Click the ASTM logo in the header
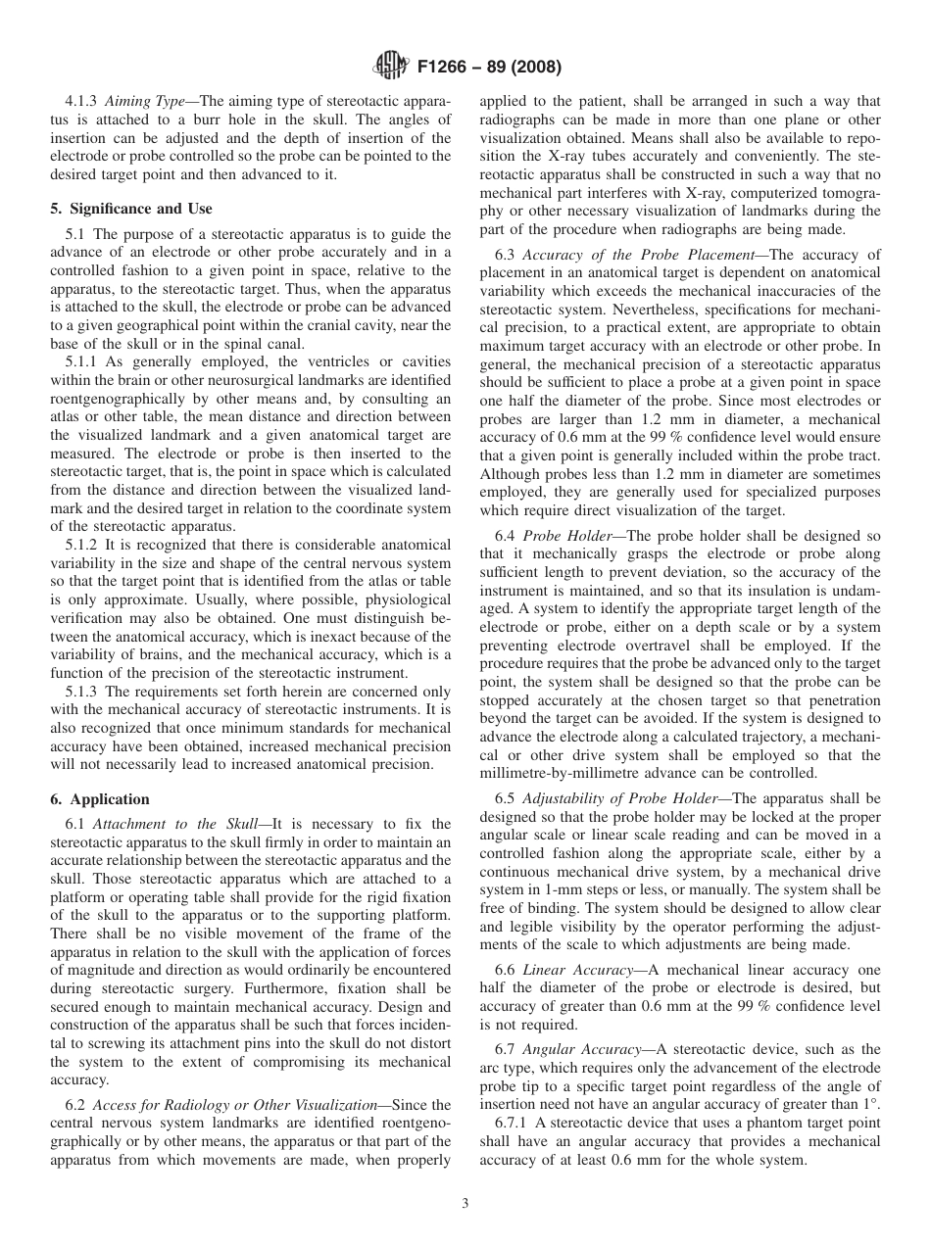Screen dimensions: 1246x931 [x=391, y=68]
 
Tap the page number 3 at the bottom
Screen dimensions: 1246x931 [x=465, y=1204]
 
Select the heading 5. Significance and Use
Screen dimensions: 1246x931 [x=130, y=209]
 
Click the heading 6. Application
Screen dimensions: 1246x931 [x=99, y=799]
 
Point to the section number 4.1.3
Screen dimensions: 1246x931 [x=81, y=102]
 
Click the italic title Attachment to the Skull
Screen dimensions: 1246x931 [x=178, y=825]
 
